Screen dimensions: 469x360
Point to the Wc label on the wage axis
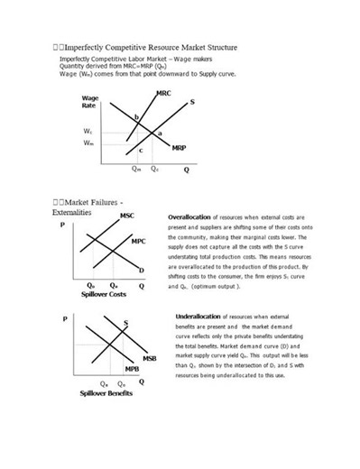click(87, 132)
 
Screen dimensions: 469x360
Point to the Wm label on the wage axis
click(87, 143)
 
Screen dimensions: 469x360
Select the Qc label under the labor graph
click(154, 168)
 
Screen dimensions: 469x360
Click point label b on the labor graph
click(137, 117)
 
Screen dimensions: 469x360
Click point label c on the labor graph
click(141, 149)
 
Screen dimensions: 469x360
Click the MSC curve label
click(127, 216)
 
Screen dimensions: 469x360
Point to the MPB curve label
click(131, 369)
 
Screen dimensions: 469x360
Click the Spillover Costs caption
click(103, 295)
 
